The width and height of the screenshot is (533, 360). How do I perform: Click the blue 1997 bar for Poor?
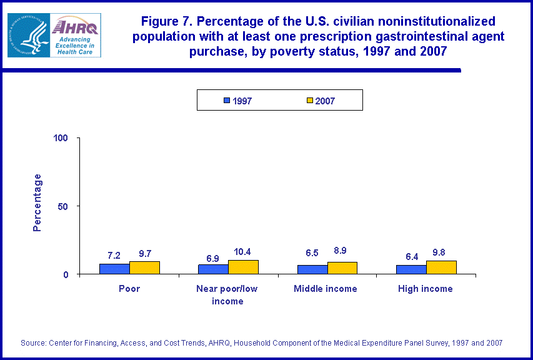(x=114, y=269)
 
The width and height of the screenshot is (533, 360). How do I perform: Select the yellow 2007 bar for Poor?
(x=144, y=267)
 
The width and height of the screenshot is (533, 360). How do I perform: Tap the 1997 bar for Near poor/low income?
(x=213, y=269)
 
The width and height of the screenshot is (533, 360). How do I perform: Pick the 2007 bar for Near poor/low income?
(x=243, y=267)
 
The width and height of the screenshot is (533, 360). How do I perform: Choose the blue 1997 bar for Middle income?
(x=312, y=269)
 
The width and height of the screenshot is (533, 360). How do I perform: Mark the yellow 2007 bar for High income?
(x=441, y=267)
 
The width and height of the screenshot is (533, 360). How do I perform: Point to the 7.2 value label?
(x=114, y=255)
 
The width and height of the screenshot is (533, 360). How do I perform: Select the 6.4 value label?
(x=411, y=256)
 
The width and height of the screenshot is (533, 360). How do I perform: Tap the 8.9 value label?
(x=342, y=253)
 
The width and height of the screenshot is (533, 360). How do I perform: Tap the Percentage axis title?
(x=37, y=202)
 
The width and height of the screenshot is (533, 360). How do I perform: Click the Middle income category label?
(x=326, y=289)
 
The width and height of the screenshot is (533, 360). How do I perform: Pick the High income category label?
(x=426, y=289)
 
